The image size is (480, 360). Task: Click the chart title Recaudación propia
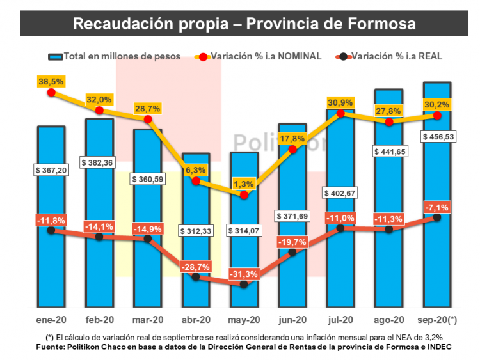pos(244,24)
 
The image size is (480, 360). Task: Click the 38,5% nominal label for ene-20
pos(52,82)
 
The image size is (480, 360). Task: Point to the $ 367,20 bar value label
pos(51,170)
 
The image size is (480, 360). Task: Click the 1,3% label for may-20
pos(244,184)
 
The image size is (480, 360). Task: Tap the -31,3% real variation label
pos(244,274)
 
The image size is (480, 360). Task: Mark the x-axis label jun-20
pos(292,320)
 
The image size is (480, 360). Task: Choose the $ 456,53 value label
pos(437,137)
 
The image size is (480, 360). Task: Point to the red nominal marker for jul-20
pos(340,114)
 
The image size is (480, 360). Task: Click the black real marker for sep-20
pos(437,217)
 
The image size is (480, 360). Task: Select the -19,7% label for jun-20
pos(292,242)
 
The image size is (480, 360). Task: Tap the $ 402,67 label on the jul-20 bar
pos(340,192)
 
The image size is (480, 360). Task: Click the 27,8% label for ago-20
pos(389,111)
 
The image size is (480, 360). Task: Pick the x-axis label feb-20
pos(100,320)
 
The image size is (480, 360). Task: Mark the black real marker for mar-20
pos(148,239)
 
